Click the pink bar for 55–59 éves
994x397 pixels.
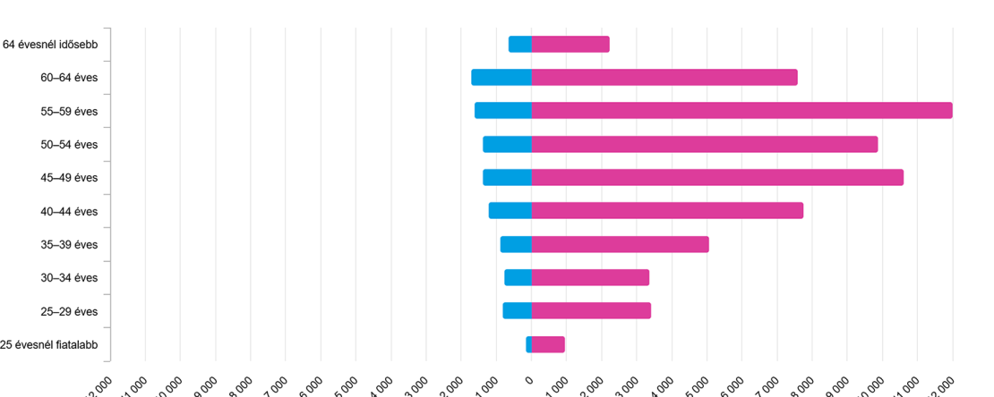[741, 111]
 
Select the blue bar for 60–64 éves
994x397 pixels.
[501, 78]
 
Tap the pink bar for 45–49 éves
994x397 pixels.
[716, 177]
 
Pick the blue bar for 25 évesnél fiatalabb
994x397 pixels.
[528, 344]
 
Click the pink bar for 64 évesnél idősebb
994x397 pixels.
[570, 44]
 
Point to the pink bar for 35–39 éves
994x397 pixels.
[620, 244]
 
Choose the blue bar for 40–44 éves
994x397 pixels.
[510, 211]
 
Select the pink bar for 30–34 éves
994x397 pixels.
[589, 277]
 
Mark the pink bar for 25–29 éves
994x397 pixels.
[590, 311]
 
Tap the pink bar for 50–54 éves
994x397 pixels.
[704, 144]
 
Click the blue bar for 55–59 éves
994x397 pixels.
[503, 111]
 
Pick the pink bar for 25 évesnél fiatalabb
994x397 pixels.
[547, 344]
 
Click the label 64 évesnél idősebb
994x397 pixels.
[50, 45]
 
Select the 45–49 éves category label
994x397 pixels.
[69, 178]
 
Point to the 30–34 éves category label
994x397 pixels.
[69, 278]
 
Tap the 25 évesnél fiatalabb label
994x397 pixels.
[49, 345]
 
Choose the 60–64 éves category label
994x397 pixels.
[69, 78]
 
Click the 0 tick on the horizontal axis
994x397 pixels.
[529, 381]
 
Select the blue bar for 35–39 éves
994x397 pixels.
[516, 244]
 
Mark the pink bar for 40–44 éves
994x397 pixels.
[666, 211]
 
